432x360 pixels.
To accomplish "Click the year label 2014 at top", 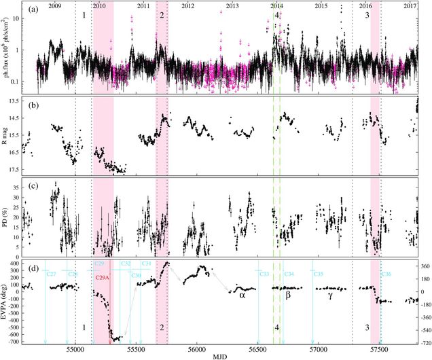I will [276, 5].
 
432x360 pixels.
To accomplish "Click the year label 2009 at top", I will [54, 5].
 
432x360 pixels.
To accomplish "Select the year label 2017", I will [410, 5].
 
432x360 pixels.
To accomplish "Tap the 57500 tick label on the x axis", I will [380, 346].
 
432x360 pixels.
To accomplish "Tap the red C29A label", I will [103, 278].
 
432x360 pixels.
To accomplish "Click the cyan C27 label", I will [51, 274].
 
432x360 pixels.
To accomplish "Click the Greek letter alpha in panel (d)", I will [242, 295].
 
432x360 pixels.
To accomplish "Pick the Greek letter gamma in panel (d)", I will [330, 296].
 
